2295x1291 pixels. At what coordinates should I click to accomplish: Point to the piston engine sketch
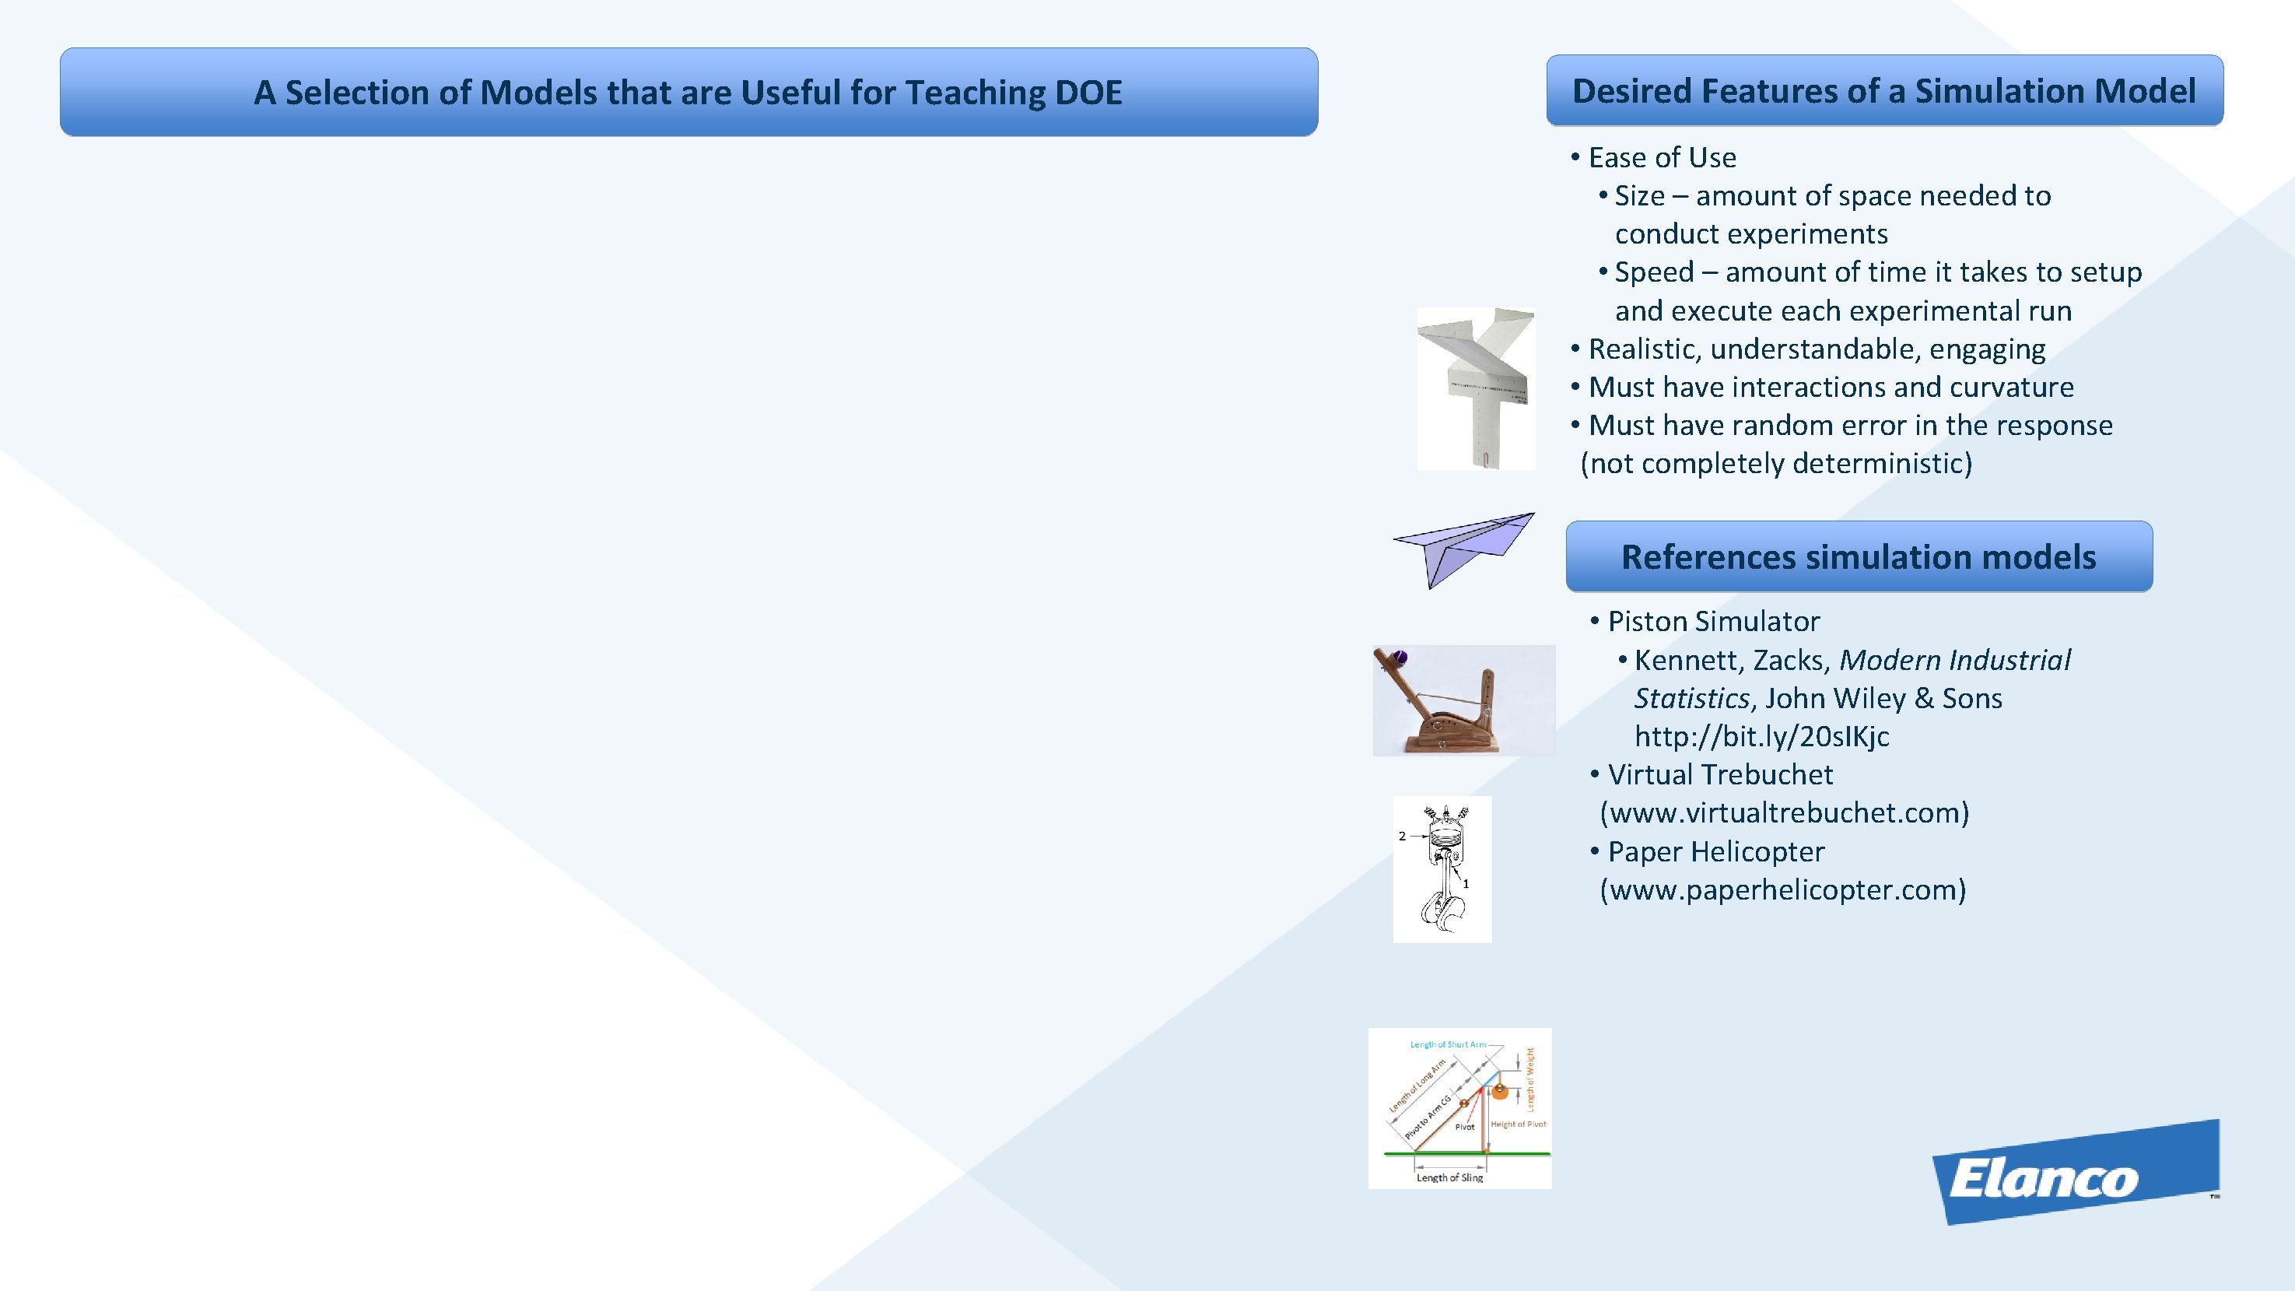coord(1442,869)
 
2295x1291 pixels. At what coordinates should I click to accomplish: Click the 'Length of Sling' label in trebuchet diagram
coord(1450,1177)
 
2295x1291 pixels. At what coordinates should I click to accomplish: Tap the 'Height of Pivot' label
coord(1518,1124)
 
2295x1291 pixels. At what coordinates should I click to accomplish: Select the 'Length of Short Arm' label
coord(1448,1044)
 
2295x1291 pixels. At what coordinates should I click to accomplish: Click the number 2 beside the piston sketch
coord(1403,836)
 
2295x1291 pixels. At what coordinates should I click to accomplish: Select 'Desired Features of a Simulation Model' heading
coord(1883,91)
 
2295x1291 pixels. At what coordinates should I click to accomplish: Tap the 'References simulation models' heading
coord(1859,557)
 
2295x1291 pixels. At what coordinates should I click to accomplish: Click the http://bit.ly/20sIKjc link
coord(1761,736)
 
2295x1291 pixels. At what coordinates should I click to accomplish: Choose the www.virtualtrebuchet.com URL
coord(1785,812)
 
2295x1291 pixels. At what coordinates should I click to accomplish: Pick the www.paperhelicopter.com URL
coord(1783,889)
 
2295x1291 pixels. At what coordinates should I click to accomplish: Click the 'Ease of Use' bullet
coord(1662,158)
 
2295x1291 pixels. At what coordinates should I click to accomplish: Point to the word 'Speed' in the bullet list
coord(1653,272)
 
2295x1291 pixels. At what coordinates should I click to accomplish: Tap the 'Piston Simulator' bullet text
coord(1713,621)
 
